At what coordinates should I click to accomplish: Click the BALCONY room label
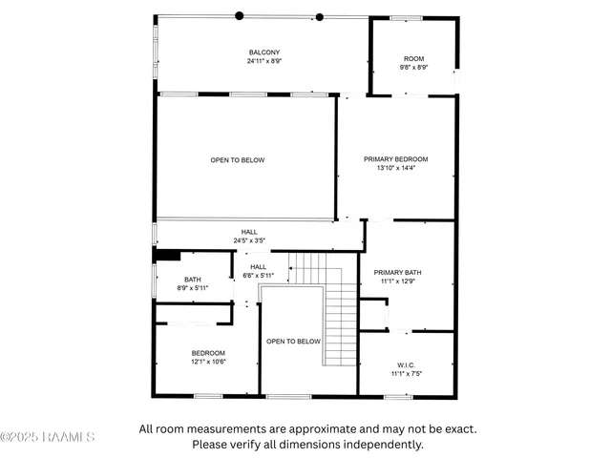264,52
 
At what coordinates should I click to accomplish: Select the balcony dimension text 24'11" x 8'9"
264,61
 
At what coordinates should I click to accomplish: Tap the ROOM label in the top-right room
413,59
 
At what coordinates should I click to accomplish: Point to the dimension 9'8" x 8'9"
413,68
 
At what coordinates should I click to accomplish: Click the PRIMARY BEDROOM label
395,159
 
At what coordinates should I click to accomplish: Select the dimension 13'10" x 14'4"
395,168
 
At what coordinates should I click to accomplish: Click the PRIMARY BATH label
397,272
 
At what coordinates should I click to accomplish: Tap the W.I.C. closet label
406,365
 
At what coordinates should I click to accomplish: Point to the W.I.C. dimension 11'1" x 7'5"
406,374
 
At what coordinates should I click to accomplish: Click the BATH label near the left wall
193,280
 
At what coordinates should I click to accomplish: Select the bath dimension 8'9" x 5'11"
193,288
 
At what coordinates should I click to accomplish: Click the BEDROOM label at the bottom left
207,353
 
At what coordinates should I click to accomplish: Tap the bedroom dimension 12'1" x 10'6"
207,362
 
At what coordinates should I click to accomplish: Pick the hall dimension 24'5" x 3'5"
249,240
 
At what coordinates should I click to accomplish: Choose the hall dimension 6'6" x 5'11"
258,276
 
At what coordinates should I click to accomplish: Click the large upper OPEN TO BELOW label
238,160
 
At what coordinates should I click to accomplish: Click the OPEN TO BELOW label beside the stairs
293,341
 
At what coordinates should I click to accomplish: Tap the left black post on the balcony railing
239,15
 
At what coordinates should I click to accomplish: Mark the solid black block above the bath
168,255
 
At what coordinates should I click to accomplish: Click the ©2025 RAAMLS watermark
48,438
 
